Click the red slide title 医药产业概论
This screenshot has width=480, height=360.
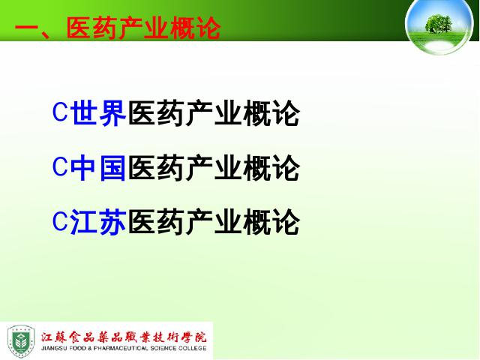click(x=143, y=28)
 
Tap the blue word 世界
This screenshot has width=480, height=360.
click(x=98, y=113)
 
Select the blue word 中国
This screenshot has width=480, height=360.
click(x=98, y=168)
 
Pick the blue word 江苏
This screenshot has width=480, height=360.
click(x=98, y=222)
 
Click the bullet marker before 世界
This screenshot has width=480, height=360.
click(x=60, y=112)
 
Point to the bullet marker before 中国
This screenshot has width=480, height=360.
click(x=60, y=166)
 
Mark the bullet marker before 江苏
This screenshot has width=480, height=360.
click(x=60, y=220)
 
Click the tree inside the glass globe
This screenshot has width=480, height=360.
click(x=438, y=23)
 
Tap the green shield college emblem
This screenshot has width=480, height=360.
click(x=21, y=341)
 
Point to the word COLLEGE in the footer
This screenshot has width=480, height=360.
click(x=193, y=348)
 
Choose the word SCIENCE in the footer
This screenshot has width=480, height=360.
click(x=163, y=348)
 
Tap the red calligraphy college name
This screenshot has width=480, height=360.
click(x=124, y=337)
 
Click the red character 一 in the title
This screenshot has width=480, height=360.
click(x=27, y=29)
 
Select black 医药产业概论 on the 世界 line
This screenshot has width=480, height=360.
click(x=213, y=113)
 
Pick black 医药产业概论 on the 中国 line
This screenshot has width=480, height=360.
click(x=213, y=168)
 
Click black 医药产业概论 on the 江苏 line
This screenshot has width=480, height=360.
click(x=213, y=222)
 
